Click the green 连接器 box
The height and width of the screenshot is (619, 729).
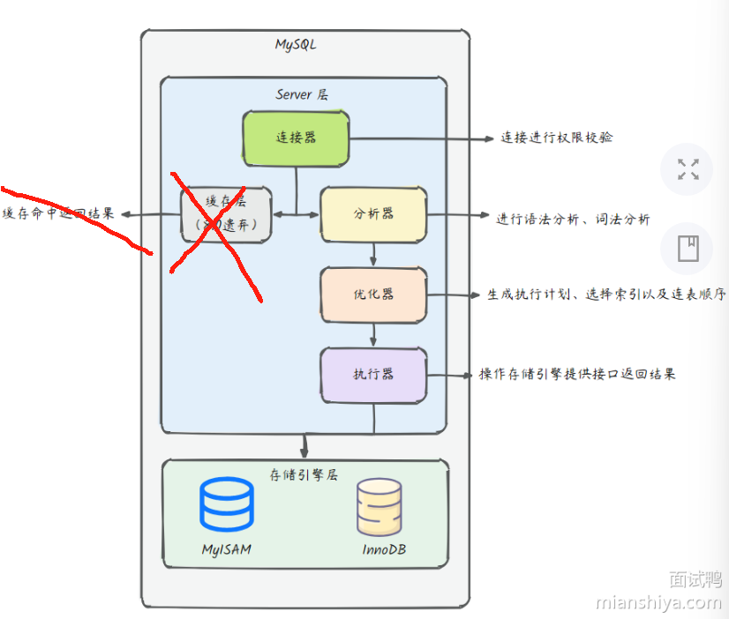coord(296,138)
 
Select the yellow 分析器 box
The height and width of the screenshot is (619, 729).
coord(373,214)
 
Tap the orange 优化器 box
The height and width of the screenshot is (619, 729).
coord(373,294)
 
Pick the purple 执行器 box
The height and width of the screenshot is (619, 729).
coord(373,374)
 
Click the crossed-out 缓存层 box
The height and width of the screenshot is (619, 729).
coord(227,214)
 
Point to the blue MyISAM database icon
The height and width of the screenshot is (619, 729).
coord(226,504)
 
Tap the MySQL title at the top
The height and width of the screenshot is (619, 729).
coord(295,45)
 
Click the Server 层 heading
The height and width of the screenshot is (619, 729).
coord(302,94)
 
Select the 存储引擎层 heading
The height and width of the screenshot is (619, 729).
coord(304,474)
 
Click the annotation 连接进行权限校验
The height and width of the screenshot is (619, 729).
coord(557,138)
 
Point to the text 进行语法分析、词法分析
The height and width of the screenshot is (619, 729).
coord(573,220)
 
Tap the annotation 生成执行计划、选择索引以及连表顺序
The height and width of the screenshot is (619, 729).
coord(606,295)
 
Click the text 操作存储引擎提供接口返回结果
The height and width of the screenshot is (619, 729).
coord(577,374)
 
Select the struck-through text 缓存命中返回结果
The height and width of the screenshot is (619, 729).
coord(58,213)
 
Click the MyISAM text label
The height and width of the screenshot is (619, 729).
coord(226,549)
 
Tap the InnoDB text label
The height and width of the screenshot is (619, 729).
coord(384,549)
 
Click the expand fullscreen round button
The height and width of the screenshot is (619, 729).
coord(688,169)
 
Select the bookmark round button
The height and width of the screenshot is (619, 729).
coord(688,249)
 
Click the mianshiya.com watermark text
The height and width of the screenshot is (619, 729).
coord(658,602)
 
